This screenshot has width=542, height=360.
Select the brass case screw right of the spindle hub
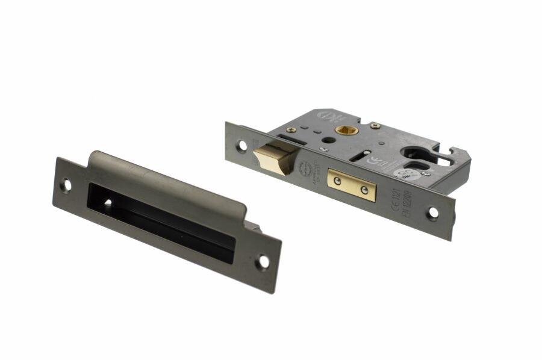coord(376,126)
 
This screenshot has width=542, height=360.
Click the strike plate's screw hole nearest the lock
coord(263,262)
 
